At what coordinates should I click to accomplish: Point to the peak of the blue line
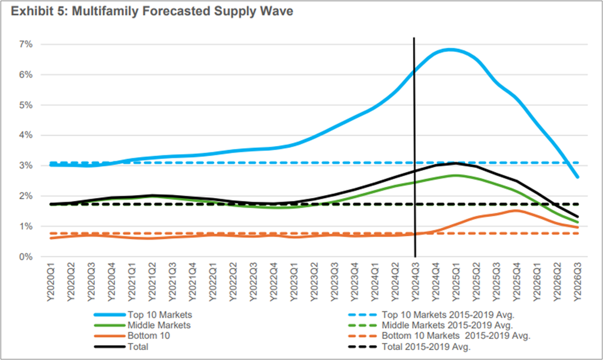450,49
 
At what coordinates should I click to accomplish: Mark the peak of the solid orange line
515,210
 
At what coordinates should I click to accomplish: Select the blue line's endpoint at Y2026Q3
578,177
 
